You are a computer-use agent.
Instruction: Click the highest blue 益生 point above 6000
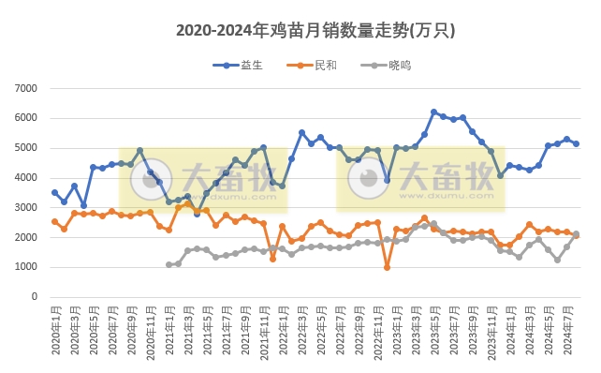[433, 112]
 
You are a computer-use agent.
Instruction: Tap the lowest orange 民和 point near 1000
[387, 267]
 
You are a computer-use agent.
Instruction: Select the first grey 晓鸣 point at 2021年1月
[169, 264]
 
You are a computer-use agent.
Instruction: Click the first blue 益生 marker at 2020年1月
[54, 192]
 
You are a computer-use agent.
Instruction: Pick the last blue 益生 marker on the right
[576, 143]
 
